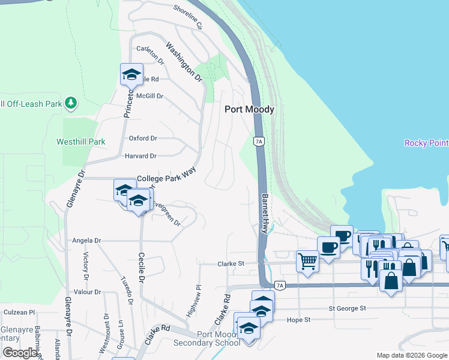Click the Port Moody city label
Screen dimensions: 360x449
[249, 109]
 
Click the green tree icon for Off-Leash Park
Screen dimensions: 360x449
[71, 103]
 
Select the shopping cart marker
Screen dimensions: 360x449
[307, 261]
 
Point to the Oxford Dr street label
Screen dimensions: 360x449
[143, 138]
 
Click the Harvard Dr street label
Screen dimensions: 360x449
[140, 156]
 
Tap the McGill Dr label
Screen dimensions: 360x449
[149, 96]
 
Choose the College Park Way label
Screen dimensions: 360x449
[167, 179]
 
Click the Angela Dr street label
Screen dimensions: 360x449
[86, 241]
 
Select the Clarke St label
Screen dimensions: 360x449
[231, 263]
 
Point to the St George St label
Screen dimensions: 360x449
[347, 308]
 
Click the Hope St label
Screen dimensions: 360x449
[298, 320]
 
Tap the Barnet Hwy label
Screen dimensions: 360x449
[264, 214]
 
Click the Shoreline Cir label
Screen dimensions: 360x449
[188, 18]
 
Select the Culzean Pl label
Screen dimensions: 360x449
[20, 313]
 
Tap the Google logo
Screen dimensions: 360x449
[20, 353]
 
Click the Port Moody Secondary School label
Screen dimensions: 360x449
[206, 338]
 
